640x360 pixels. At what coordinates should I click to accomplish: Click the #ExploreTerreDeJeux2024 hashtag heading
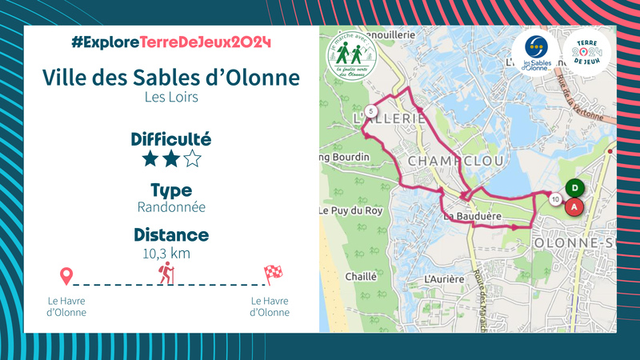171,42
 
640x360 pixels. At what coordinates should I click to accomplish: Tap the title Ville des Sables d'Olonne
171,78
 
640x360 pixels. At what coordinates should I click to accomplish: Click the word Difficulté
171,139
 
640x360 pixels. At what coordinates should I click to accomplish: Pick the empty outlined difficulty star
192,158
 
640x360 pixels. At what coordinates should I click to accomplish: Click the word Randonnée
171,207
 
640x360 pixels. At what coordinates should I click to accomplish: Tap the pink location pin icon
67,277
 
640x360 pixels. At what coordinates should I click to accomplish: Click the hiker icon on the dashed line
166,274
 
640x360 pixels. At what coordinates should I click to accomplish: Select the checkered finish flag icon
273,274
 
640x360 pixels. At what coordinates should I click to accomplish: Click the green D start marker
574,189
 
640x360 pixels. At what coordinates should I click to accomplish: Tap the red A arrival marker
574,206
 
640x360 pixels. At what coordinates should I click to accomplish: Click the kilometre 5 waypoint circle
370,110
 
